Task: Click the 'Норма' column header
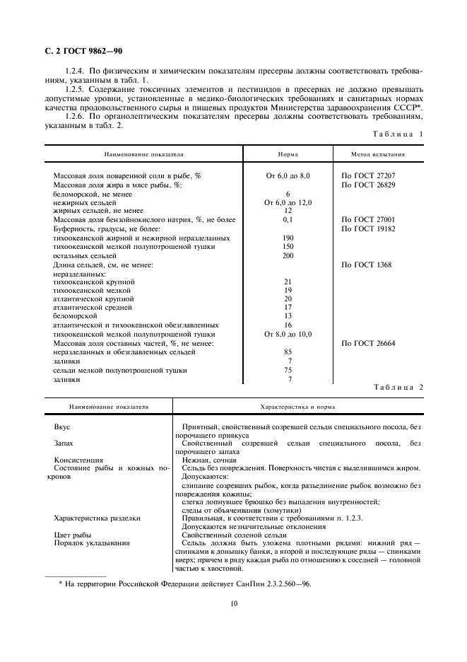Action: (x=288, y=153)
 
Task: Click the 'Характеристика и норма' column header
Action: (x=297, y=407)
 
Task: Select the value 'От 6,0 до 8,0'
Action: (x=288, y=175)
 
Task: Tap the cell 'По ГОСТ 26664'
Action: (x=368, y=344)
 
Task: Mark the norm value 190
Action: (x=288, y=238)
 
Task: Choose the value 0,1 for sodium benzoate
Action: (x=288, y=220)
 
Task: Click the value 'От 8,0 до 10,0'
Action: (x=288, y=335)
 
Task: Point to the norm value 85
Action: (x=288, y=352)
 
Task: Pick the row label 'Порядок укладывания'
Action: (x=86, y=543)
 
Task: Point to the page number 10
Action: (x=232, y=603)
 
